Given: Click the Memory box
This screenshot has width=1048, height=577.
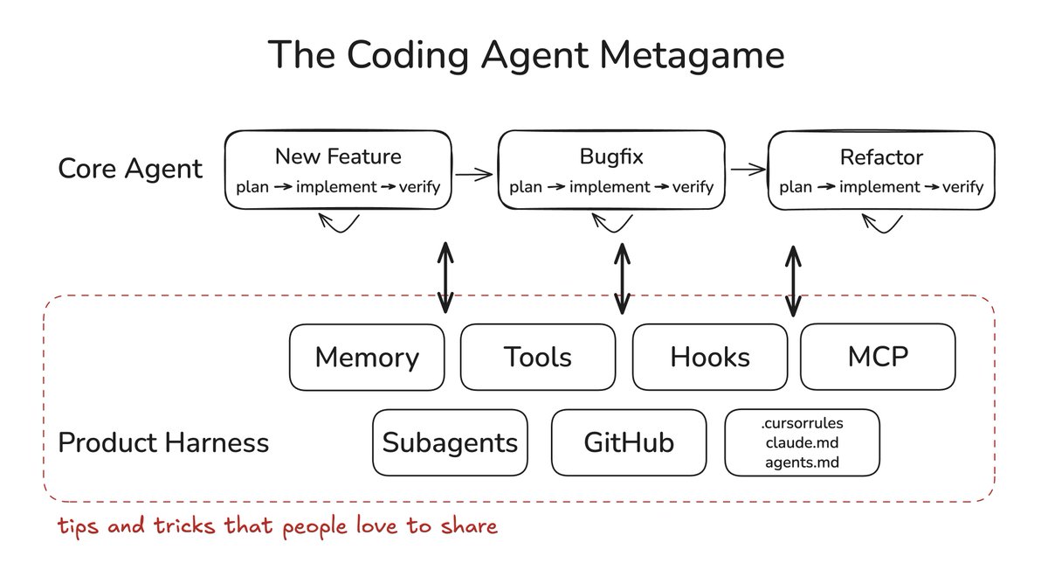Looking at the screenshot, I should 367,358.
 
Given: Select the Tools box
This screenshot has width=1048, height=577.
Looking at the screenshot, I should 538,358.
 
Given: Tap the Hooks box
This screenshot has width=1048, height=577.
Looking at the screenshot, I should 710,358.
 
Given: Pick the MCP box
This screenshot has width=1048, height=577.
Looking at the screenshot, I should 878,358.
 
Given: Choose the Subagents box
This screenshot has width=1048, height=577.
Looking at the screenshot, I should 450,442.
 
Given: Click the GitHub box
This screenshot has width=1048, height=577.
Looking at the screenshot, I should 629,442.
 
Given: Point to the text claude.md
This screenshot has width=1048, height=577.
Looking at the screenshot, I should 802,443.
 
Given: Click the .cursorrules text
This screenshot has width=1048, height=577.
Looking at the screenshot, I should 802,424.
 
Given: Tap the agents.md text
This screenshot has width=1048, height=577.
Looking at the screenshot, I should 802,462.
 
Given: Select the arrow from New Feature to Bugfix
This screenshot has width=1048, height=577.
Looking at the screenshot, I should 474,174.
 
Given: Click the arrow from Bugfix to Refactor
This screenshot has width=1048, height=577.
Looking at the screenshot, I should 747,170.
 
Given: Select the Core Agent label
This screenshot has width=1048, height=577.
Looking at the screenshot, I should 130,168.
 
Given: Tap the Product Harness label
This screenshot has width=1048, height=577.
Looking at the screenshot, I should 163,442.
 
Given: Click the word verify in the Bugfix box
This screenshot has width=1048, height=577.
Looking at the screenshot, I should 693,187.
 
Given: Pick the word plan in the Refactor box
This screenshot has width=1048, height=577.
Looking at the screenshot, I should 796,187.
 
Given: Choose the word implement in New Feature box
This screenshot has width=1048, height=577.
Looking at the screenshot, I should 337,187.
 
